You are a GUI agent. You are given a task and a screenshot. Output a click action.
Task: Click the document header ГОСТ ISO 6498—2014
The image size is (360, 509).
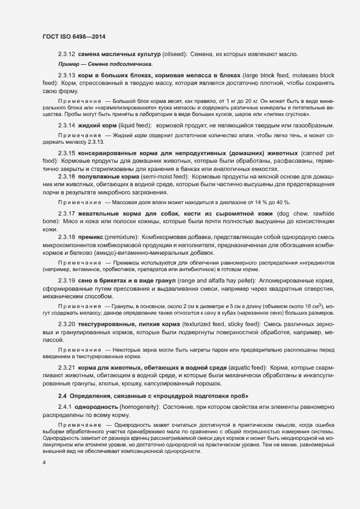tap(74, 36)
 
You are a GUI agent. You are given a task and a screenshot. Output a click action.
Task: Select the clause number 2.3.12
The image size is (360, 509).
tap(66, 54)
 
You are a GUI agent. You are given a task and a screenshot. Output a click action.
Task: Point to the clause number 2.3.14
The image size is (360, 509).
tap(66, 126)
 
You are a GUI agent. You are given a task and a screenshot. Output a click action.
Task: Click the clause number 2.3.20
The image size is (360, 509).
tap(66, 323)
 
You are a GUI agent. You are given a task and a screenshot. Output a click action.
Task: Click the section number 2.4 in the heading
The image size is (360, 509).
tap(62, 394)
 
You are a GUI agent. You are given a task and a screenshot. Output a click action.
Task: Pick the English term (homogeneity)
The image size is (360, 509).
tap(141, 407)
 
